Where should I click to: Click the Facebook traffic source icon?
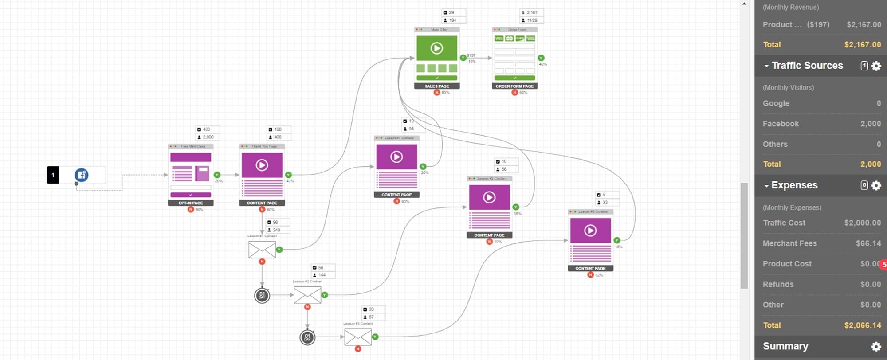82,175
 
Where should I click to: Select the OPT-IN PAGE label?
191,203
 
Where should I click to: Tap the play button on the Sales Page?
436,48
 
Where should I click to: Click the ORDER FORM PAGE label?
514,86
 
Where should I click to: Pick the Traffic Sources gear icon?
876,66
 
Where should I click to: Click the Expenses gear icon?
876,185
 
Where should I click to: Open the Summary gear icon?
876,346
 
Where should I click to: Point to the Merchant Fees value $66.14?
868,243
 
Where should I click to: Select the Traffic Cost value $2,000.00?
862,223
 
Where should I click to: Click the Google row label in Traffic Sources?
776,103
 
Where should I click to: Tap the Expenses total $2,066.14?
862,325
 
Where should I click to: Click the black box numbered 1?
53,175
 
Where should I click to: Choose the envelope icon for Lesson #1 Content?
262,250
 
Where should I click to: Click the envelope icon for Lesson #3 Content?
358,337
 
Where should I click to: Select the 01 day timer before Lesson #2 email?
262,295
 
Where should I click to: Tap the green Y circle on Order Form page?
541,58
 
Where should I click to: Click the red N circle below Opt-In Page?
191,209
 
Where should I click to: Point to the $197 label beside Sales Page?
471,55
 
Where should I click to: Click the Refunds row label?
778,284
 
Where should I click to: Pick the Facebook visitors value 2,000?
870,124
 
